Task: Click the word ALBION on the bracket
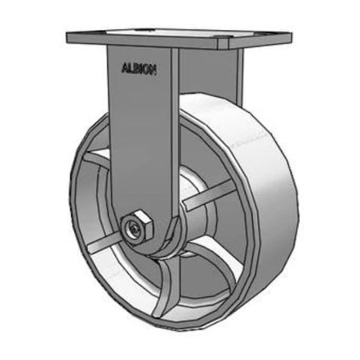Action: tap(138, 70)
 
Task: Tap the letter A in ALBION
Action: tap(124, 69)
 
